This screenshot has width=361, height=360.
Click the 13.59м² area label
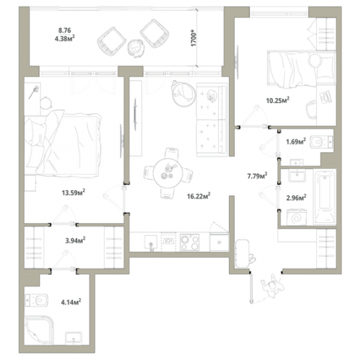pyautogui.click(x=74, y=193)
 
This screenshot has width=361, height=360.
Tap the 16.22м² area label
pyautogui.click(x=199, y=196)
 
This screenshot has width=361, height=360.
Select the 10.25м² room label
pyautogui.click(x=278, y=100)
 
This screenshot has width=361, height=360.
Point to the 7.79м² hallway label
pyautogui.click(x=257, y=176)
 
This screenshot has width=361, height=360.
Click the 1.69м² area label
pyautogui.click(x=296, y=141)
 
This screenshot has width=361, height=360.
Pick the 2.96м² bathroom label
pyautogui.click(x=296, y=198)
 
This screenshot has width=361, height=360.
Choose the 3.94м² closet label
pyautogui.click(x=75, y=240)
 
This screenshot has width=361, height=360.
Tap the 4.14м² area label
pyautogui.click(x=71, y=302)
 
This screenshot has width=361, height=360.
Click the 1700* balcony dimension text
pyautogui.click(x=193, y=38)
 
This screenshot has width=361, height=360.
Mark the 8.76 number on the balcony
pyautogui.click(x=64, y=30)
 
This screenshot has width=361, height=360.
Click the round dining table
pyautogui.click(x=168, y=172)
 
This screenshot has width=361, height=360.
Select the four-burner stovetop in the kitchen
pyautogui.click(x=190, y=242)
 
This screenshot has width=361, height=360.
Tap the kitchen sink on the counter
pyautogui.click(x=151, y=242)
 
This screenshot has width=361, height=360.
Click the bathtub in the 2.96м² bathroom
pyautogui.click(x=325, y=197)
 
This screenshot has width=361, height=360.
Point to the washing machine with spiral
pyautogui.click(x=297, y=217)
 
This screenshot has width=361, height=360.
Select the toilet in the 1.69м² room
pyautogui.click(x=321, y=142)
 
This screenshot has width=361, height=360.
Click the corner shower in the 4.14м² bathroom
pyautogui.click(x=39, y=330)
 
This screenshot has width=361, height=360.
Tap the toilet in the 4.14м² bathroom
pyautogui.click(x=37, y=300)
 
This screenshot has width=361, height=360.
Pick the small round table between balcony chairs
pyautogui.click(x=136, y=47)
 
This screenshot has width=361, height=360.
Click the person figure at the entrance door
pyautogui.click(x=272, y=286)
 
